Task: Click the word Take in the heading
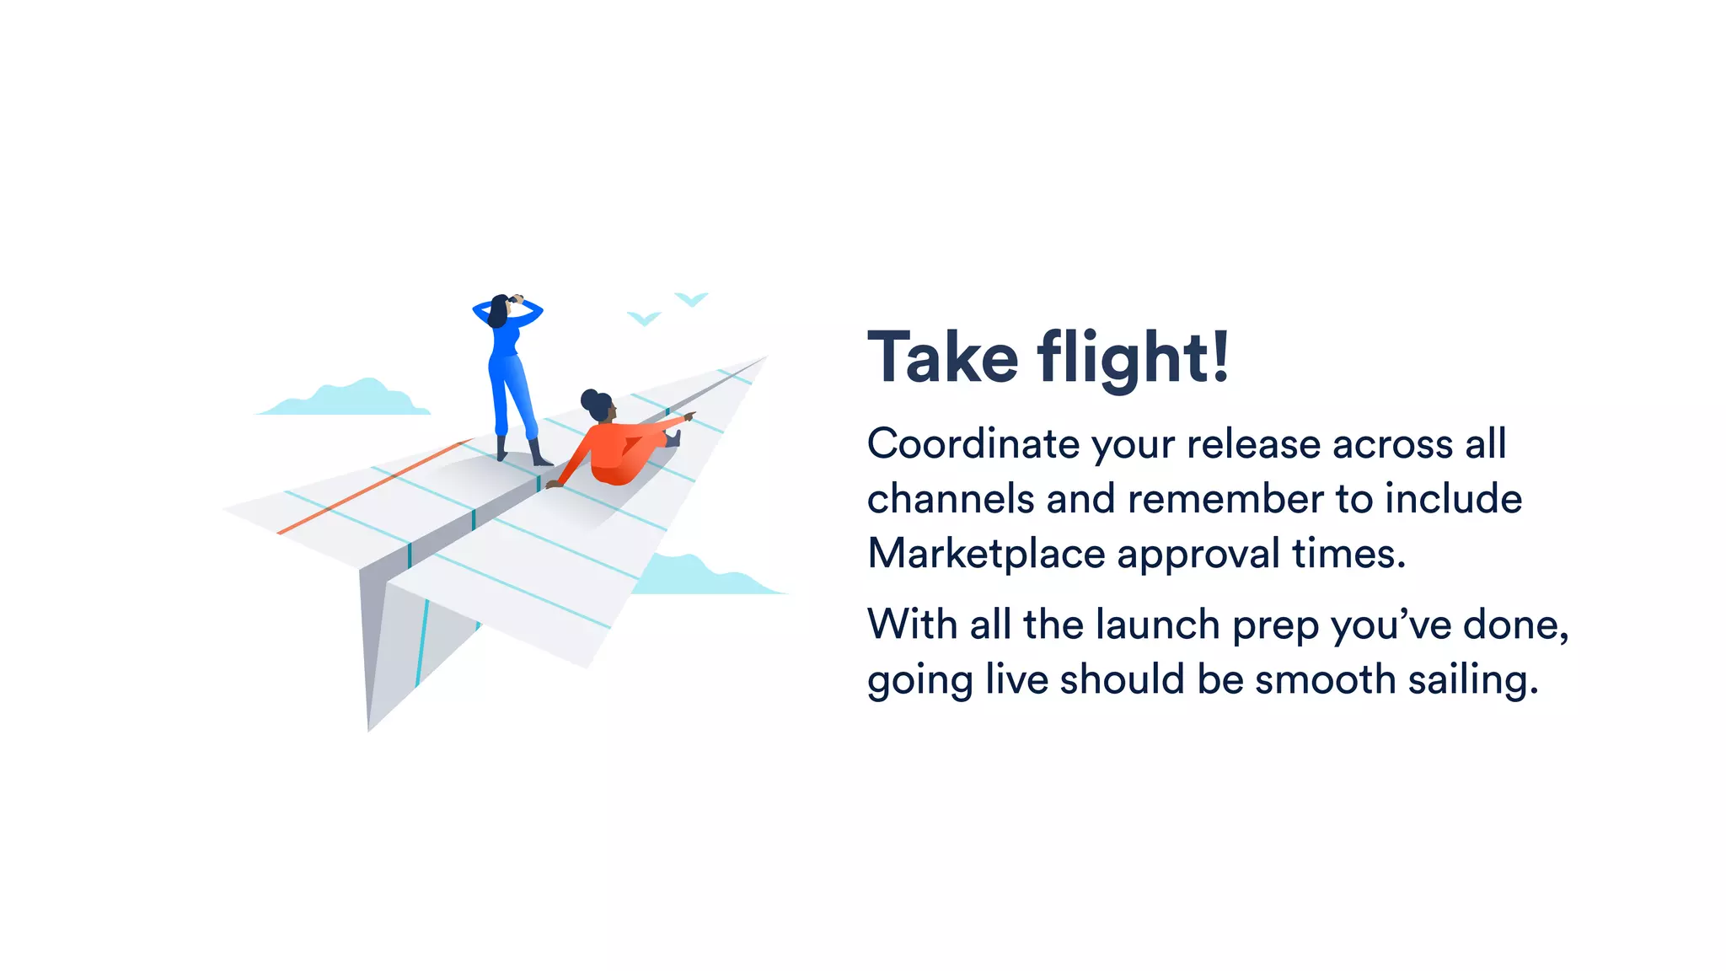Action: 943,358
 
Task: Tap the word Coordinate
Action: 973,444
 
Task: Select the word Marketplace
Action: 986,555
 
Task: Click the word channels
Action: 950,499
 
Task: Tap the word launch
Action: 1157,625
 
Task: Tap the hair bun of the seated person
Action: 589,398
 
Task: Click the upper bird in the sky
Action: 691,298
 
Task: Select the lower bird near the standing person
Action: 644,319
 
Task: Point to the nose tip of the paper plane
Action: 764,358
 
